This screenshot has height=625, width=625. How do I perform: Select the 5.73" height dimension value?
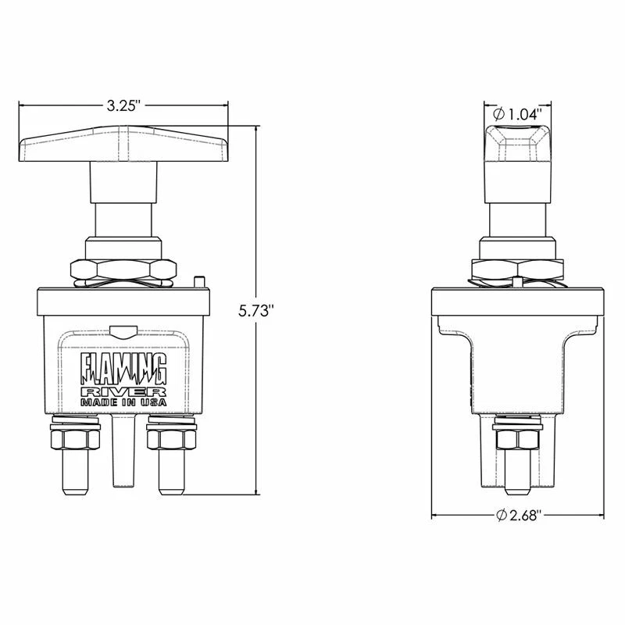[257, 310]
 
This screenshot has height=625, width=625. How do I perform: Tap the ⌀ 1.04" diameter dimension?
[517, 114]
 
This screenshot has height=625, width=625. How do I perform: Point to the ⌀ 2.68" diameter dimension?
[519, 514]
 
